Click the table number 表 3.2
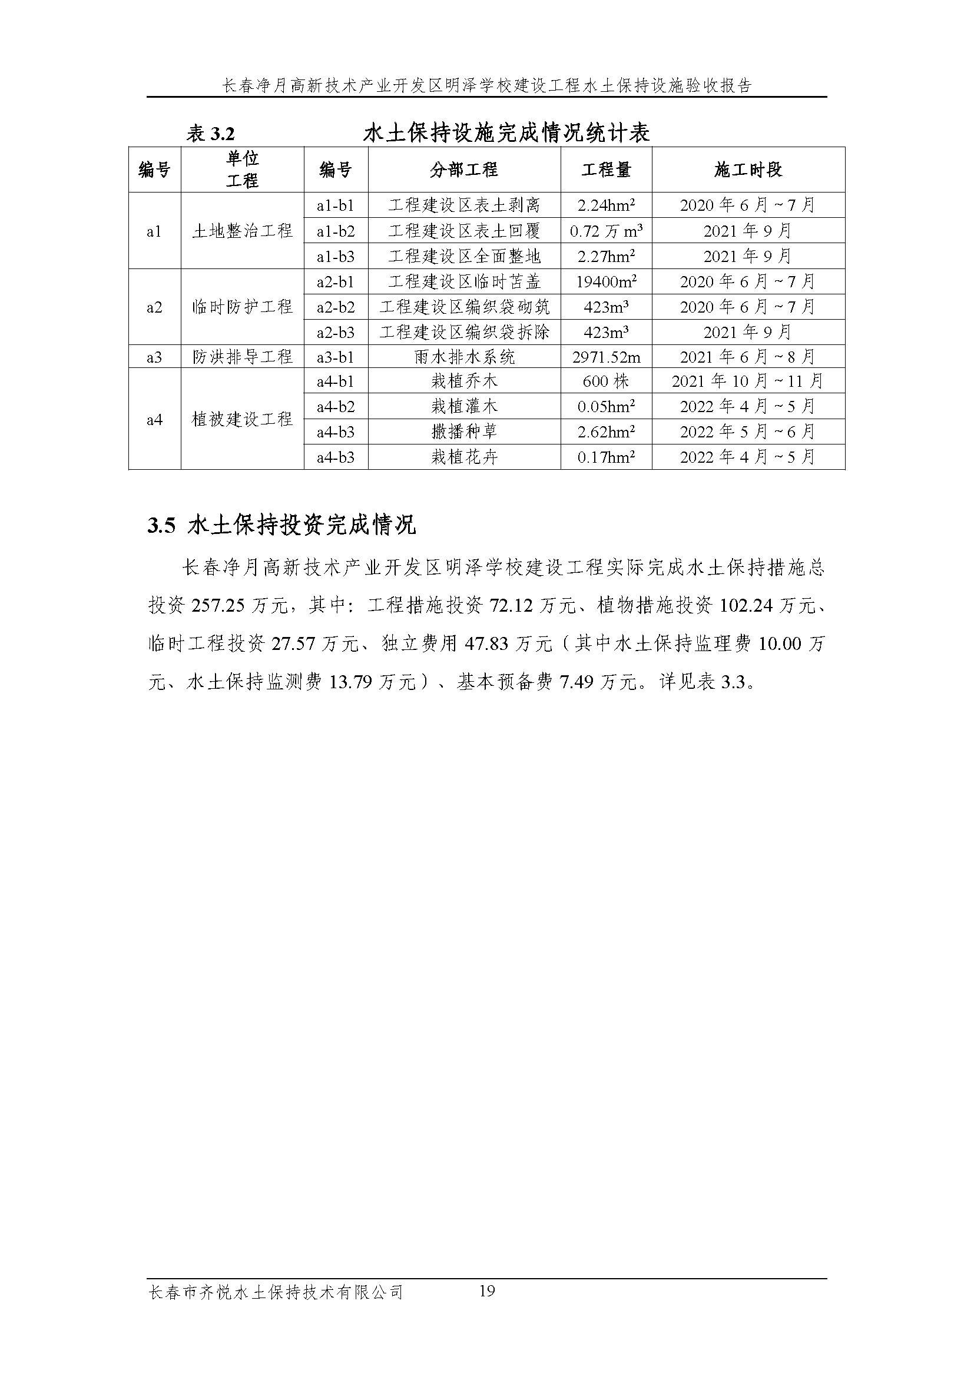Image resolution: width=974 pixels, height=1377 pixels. click(x=210, y=134)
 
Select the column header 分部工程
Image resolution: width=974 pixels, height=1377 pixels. click(x=463, y=170)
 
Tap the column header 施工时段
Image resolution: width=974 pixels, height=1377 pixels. click(x=748, y=170)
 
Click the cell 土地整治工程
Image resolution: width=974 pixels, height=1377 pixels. click(x=242, y=231)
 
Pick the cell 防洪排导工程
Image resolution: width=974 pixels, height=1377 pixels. click(x=242, y=357)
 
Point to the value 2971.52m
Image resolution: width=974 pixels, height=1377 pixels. click(x=606, y=357)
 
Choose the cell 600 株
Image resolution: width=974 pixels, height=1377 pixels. click(x=606, y=381)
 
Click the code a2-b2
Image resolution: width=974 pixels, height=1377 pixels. click(x=336, y=307)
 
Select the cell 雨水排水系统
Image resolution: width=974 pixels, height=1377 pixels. click(x=463, y=357)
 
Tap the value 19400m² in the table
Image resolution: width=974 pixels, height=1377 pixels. click(x=606, y=282)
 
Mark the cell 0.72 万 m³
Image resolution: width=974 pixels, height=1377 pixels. click(x=606, y=231)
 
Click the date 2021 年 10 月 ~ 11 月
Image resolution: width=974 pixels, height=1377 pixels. click(x=748, y=381)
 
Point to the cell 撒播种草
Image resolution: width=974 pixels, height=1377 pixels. click(x=463, y=432)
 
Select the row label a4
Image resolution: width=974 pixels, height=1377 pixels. click(x=154, y=420)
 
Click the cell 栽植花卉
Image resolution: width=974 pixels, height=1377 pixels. click(x=463, y=457)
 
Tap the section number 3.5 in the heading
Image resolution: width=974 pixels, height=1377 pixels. click(x=161, y=526)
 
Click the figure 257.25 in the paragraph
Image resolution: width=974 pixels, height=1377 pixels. click(x=218, y=606)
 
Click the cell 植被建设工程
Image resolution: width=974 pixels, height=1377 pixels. click(x=242, y=420)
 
